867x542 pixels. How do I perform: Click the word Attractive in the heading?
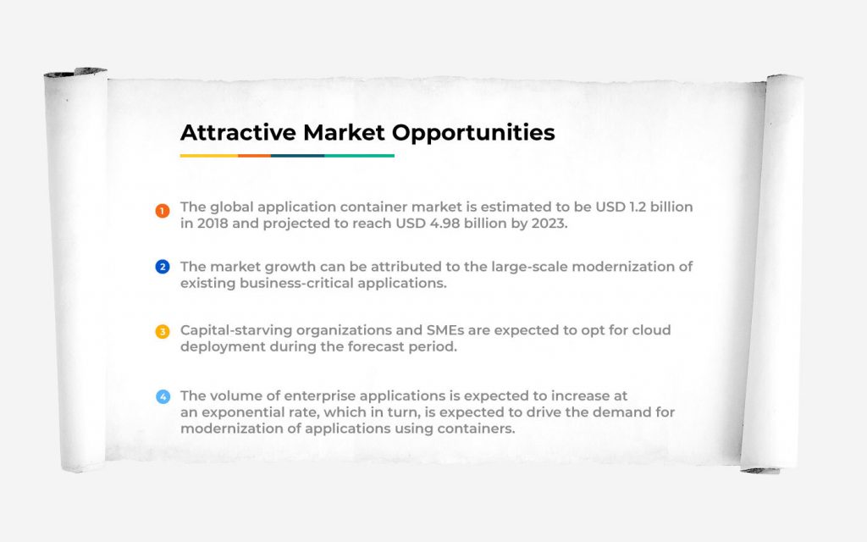(x=238, y=133)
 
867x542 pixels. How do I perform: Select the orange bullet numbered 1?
(x=162, y=211)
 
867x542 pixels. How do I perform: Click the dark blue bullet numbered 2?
(x=162, y=267)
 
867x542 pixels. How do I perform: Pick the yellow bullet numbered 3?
(x=162, y=331)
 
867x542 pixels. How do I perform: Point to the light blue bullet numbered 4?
(x=163, y=396)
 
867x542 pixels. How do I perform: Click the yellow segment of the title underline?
(x=209, y=156)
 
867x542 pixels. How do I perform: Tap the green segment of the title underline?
(x=359, y=156)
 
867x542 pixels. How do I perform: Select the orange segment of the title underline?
(x=254, y=156)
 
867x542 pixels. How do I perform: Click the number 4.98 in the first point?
(x=445, y=224)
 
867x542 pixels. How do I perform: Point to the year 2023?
(x=549, y=224)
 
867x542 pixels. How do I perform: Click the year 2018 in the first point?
(x=213, y=224)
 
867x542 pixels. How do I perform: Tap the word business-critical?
(x=295, y=283)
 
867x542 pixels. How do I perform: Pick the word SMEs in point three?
(x=445, y=330)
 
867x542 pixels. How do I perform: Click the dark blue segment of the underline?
(x=297, y=156)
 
